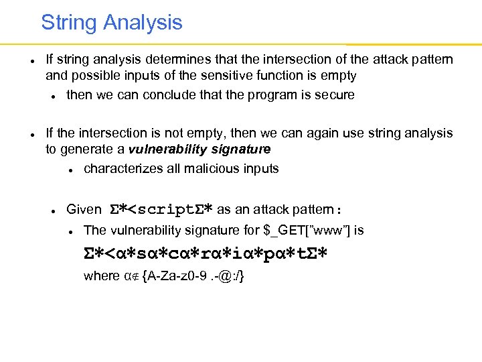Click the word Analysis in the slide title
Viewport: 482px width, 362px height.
pos(143,23)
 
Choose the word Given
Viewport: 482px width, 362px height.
pos(84,209)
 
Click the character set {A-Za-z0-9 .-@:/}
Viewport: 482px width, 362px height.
pos(193,276)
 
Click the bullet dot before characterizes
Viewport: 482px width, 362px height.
pos(70,169)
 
